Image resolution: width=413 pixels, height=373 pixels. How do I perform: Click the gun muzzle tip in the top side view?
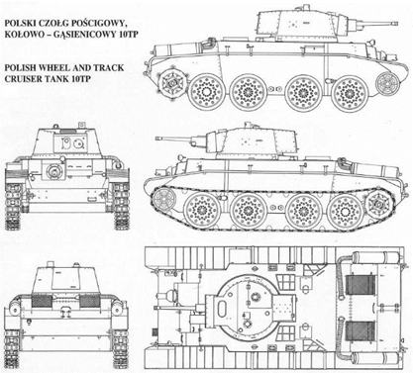point(394,23)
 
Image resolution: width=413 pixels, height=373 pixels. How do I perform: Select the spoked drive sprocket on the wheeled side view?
point(171,83)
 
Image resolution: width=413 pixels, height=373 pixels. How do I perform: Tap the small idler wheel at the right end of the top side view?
point(387,83)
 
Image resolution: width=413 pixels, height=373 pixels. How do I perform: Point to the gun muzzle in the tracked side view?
point(158,139)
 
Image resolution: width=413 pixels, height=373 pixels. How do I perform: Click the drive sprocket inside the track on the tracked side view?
point(377,205)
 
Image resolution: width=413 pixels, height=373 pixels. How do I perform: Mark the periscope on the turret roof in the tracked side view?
point(246,126)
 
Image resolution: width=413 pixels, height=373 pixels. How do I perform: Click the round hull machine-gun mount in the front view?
point(53,171)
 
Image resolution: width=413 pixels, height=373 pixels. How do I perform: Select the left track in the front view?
point(13,206)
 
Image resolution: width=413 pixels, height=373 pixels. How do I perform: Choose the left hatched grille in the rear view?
point(42,301)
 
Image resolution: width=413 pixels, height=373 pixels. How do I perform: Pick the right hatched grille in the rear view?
point(90,301)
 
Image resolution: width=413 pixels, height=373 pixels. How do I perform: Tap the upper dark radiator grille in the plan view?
point(361,285)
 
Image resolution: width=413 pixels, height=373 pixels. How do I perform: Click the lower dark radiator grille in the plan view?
point(361,330)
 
